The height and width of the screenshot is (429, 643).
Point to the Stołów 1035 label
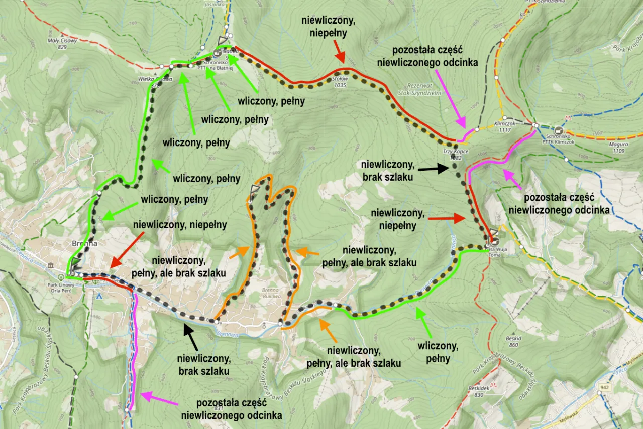pyautogui.click(x=340, y=82)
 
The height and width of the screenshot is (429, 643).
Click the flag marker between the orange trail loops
pyautogui.click(x=255, y=190)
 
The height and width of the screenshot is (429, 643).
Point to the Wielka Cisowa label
pyautogui.click(x=155, y=79)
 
